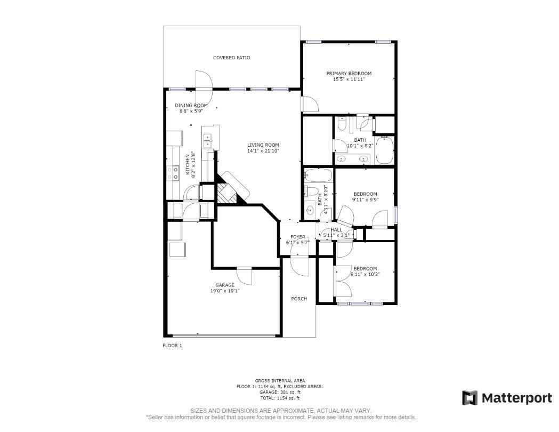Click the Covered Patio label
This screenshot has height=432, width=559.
coord(231,58)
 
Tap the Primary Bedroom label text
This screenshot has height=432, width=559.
coord(349,74)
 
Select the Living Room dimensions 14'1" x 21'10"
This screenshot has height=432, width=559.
coord(263,151)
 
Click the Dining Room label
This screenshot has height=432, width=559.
coord(191,106)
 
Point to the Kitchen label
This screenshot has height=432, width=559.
coord(187,164)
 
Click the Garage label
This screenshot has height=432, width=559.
coord(224,285)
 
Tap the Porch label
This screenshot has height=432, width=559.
coord(299,299)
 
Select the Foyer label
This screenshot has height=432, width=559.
coord(297,237)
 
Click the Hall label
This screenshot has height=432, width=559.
coord(336,230)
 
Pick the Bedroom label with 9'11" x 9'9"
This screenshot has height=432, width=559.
coord(364,194)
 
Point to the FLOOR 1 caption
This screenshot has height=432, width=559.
coord(172,346)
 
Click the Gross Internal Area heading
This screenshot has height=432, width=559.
coord(280,381)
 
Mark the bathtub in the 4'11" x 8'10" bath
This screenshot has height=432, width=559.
coord(318,175)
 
